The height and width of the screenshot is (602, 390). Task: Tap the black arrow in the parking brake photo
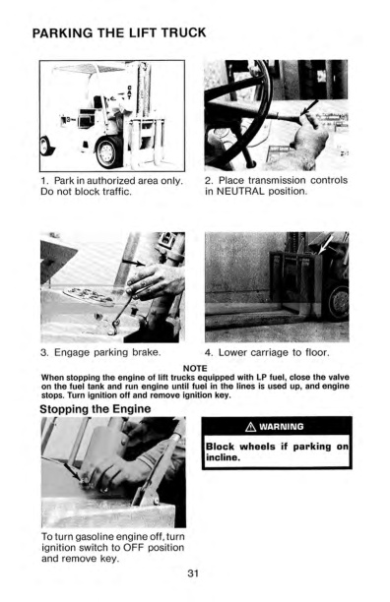[137, 263]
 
